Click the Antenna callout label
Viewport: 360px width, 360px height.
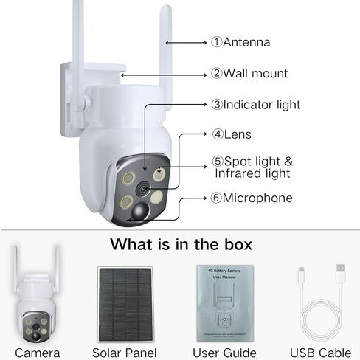click(x=240, y=42)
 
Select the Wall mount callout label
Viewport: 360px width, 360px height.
click(x=249, y=73)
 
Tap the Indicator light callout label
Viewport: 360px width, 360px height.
click(x=256, y=105)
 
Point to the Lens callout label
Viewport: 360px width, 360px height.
click(x=232, y=134)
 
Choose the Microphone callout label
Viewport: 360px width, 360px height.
click(x=252, y=198)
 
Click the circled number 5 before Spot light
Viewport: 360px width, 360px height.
click(x=218, y=162)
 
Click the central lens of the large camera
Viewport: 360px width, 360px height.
click(x=143, y=189)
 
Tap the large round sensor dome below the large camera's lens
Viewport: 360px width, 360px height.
click(x=140, y=212)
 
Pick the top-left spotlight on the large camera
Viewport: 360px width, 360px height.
click(x=128, y=178)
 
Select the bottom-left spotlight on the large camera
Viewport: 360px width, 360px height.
click(x=126, y=201)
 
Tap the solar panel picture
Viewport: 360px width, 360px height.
click(x=125, y=304)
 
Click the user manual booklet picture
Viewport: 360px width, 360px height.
click(x=225, y=303)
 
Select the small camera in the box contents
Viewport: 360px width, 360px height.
click(x=36, y=294)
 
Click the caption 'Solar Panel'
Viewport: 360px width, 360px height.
click(x=125, y=353)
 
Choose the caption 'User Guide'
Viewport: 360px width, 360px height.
click(x=224, y=353)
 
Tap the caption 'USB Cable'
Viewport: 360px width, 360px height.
click(x=321, y=353)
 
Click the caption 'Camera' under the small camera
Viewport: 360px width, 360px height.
click(x=38, y=353)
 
